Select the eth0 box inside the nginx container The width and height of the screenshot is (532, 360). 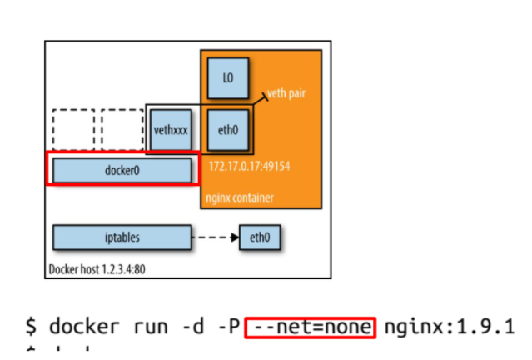pos(227,130)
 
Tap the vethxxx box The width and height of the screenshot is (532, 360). pos(173,130)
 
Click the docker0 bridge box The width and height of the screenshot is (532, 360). pos(122,170)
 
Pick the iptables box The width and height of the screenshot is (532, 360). pos(122,237)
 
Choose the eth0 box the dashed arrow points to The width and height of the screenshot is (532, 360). pos(260,237)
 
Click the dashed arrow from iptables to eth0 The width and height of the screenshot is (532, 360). pos(215,237)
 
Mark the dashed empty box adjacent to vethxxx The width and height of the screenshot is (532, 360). pos(122,130)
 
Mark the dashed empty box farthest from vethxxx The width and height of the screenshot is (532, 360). pos(73,130)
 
